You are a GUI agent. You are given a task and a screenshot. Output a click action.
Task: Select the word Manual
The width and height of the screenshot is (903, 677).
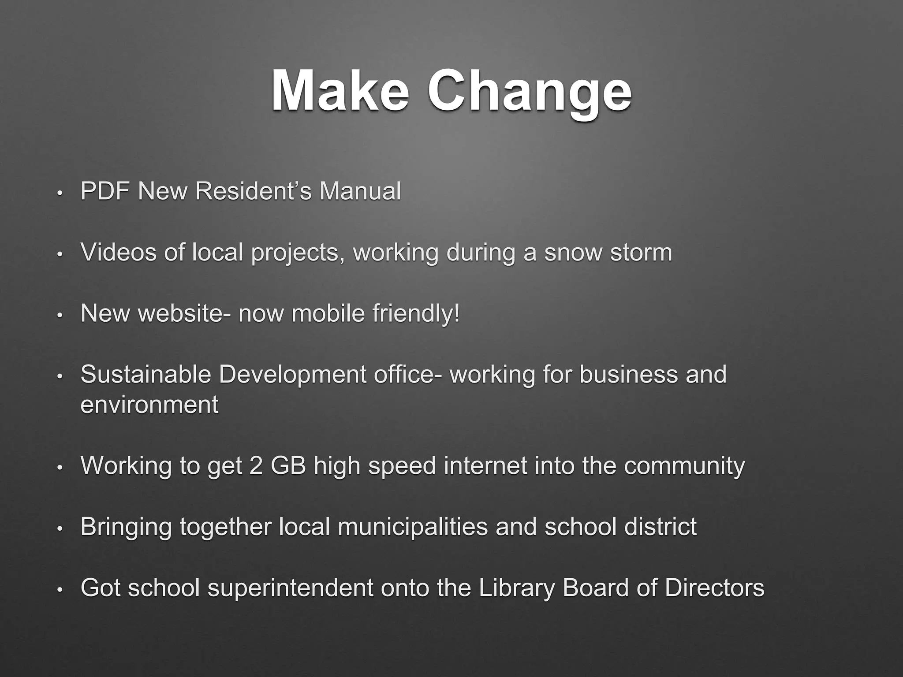point(360,191)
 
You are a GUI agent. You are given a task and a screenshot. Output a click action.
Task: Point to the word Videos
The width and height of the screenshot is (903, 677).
point(118,253)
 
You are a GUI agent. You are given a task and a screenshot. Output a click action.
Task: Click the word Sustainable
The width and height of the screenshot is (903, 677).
point(146,375)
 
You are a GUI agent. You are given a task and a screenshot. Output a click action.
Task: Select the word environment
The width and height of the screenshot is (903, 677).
point(149,405)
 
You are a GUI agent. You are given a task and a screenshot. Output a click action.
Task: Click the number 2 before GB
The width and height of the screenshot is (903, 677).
point(256,465)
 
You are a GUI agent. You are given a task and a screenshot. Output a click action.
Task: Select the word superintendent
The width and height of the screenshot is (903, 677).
point(291,588)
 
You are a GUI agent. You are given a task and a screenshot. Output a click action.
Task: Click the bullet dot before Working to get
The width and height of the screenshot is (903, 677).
point(60,467)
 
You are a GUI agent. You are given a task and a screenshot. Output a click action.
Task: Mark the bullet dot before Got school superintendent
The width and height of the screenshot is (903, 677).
point(60,589)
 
